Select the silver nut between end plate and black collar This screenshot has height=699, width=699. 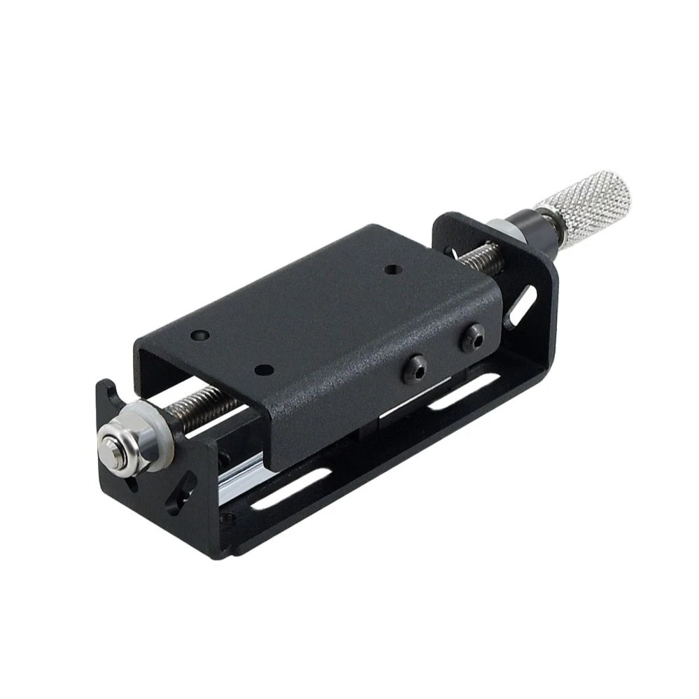[x=498, y=227]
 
